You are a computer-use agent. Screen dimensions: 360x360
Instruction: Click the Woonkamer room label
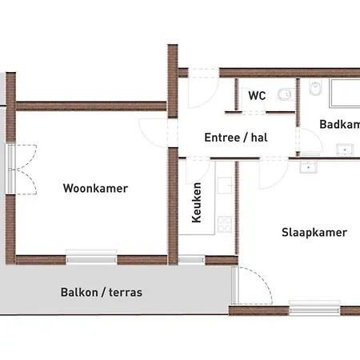click(x=95, y=189)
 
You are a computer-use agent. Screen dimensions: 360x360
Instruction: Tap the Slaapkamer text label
click(x=314, y=233)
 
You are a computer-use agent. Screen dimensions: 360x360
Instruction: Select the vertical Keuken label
click(x=197, y=204)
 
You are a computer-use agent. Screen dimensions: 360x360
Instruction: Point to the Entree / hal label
click(x=235, y=137)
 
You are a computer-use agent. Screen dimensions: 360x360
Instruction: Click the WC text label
click(x=256, y=95)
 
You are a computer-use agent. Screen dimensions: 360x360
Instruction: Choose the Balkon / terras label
click(x=101, y=292)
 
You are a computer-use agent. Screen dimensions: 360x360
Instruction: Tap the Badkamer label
click(x=339, y=124)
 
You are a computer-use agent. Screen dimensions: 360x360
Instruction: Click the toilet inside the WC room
click(x=283, y=95)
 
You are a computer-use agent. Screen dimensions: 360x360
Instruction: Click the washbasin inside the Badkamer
click(x=346, y=148)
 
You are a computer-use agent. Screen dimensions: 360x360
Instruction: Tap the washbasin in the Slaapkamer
click(x=308, y=166)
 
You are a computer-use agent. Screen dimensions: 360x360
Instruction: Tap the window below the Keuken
click(x=190, y=258)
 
